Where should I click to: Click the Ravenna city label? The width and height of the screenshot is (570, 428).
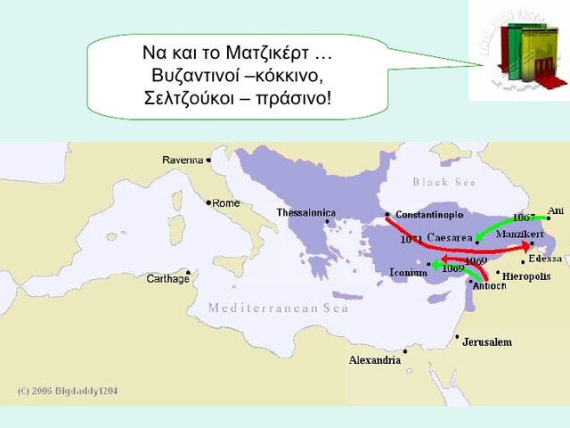pyautogui.click(x=183, y=160)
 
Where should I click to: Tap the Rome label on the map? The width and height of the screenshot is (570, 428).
pyautogui.click(x=226, y=203)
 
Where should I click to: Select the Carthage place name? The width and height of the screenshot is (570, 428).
pyautogui.click(x=167, y=279)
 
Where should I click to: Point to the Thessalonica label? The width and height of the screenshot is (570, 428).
pyautogui.click(x=305, y=212)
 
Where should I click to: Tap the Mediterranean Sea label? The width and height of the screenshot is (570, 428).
pyautogui.click(x=278, y=309)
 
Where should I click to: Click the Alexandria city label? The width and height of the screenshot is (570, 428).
pyautogui.click(x=374, y=360)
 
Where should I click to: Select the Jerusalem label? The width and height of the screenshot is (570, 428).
pyautogui.click(x=487, y=342)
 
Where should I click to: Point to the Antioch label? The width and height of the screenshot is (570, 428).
pyautogui.click(x=489, y=285)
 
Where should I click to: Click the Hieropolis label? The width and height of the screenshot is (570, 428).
pyautogui.click(x=526, y=276)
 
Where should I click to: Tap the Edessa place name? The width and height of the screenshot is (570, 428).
pyautogui.click(x=545, y=259)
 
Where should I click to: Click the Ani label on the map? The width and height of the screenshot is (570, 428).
pyautogui.click(x=556, y=210)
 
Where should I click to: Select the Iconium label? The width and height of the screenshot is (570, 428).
pyautogui.click(x=408, y=273)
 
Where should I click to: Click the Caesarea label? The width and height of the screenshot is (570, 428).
pyautogui.click(x=449, y=237)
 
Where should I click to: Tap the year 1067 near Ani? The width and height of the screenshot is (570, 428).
pyautogui.click(x=524, y=218)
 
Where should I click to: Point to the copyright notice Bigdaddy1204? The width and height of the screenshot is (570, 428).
pyautogui.click(x=68, y=391)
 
